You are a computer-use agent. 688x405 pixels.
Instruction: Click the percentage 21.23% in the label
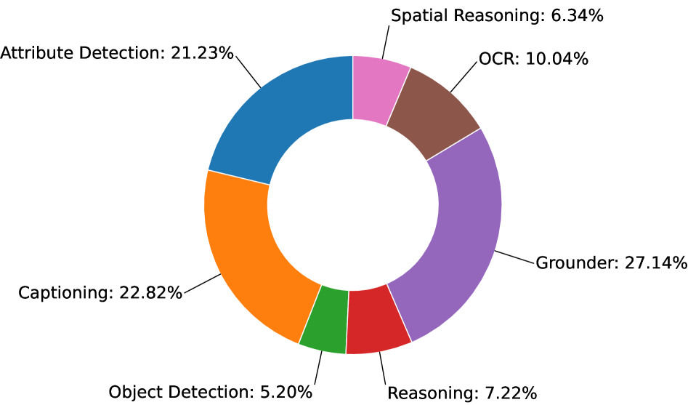tap(203, 52)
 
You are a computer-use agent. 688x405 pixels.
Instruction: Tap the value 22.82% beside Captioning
tap(151, 293)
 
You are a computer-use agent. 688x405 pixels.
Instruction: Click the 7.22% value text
tap(510, 393)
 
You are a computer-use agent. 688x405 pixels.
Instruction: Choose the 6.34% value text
tap(575, 15)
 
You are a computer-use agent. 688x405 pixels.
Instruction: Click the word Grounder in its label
tap(575, 262)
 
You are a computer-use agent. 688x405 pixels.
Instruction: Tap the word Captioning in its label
tap(63, 293)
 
